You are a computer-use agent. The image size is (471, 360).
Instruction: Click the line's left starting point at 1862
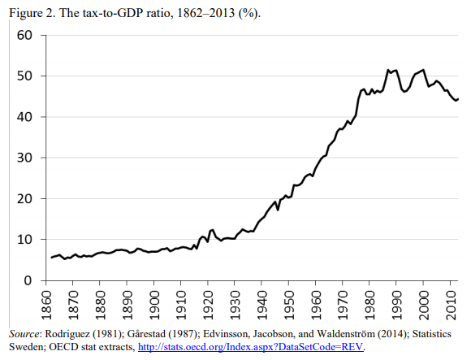(x=51, y=257)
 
